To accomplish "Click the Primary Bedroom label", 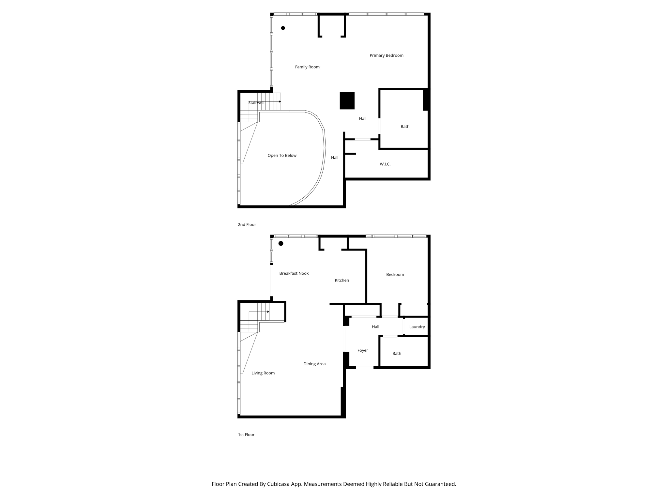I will coord(386,55).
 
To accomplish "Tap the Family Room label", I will coord(307,67).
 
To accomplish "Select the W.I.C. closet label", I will coord(385,164).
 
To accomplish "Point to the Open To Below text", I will coord(282,156).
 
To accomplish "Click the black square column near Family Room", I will coord(347,101).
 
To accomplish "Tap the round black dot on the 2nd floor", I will coord(283,28).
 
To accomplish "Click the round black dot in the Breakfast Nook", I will coord(281,243).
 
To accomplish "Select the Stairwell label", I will coord(256,103).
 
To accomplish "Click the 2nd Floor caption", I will coord(247,224).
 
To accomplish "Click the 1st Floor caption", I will coord(246,434).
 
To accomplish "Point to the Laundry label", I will coord(417,327).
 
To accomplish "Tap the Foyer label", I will coord(362,350).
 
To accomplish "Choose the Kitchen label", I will coord(342,280).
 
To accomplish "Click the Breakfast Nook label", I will coord(294,273).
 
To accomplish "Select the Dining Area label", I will coord(314,364).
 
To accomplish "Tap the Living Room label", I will coord(263,373).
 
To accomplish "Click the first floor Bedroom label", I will coord(395,275).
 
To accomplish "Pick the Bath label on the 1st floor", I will coord(397,354).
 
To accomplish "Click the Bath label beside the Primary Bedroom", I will coord(405,127).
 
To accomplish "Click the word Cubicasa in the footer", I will coord(279,484).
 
